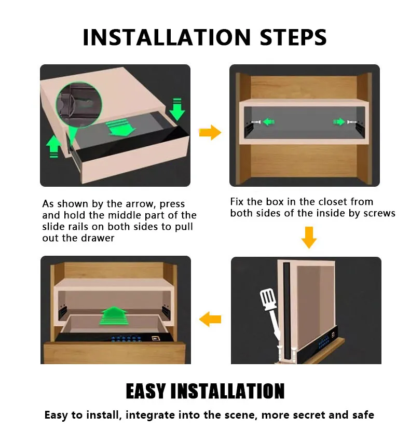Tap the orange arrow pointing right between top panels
[x=210, y=133]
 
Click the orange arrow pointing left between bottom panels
[x=210, y=319]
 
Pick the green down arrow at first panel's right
[x=177, y=108]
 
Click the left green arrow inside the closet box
[x=267, y=122]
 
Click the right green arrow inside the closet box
[x=339, y=122]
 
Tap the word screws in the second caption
[x=379, y=213]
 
